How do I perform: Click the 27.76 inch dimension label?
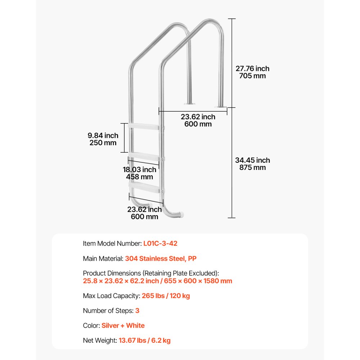coord(252,68)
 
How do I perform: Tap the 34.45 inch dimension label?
coord(252,160)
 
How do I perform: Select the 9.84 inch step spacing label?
coord(103,135)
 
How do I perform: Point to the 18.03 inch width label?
coord(139,170)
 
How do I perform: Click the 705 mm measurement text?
coord(252,76)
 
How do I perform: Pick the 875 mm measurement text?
coord(252,168)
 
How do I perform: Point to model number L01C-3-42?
coord(160,243)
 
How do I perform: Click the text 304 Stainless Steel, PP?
coord(161,258)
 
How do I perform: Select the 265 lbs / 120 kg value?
coord(166,296)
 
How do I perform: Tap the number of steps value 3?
coord(137,310)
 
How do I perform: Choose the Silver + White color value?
coord(123,325)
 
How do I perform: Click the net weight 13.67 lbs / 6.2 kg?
coord(144,340)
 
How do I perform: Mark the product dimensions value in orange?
coord(157,281)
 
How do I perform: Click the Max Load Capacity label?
coord(111,296)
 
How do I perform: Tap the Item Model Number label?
coord(112,243)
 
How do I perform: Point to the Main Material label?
coord(103,258)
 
